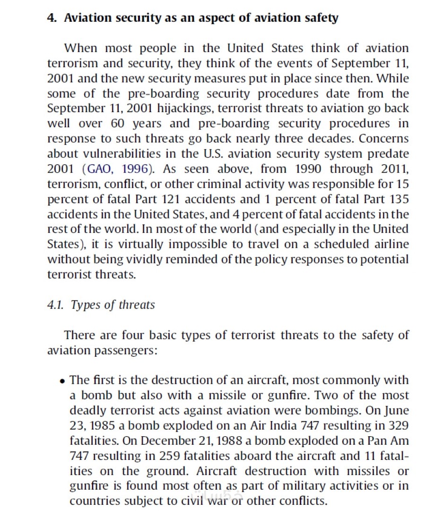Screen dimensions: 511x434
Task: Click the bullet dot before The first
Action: point(63,381)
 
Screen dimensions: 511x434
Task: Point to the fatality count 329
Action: point(399,426)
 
